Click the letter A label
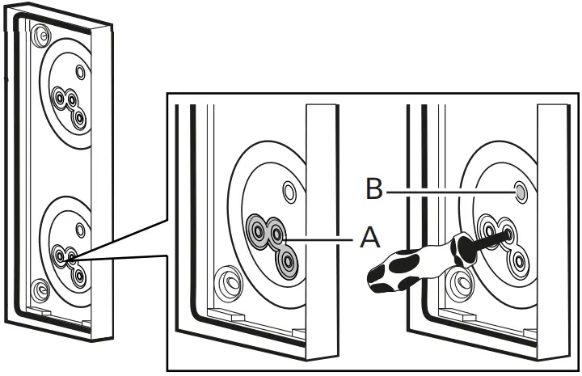[368, 239]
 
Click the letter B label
[373, 190]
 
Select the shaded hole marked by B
[521, 192]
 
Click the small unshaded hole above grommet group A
[289, 192]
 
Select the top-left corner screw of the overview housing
[38, 36]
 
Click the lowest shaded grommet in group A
[286, 260]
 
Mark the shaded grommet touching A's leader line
[277, 234]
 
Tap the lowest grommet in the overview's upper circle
[79, 117]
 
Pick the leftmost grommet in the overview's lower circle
[60, 256]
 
